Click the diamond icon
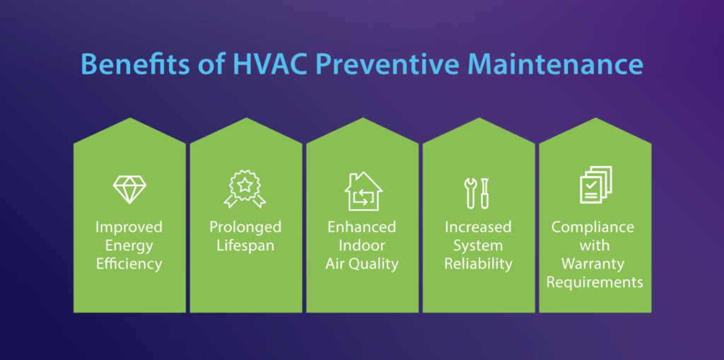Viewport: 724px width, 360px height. click(130, 190)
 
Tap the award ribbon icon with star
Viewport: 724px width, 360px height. click(245, 189)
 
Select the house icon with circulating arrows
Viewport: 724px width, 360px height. click(363, 191)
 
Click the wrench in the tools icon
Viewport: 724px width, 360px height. click(470, 192)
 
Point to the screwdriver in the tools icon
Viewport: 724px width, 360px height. click(485, 192)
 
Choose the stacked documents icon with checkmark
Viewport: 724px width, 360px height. click(595, 185)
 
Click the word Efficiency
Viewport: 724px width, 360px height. click(129, 265)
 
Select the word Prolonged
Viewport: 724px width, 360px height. click(245, 227)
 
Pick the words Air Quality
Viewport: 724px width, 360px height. click(362, 265)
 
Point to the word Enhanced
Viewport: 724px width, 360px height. click(362, 227)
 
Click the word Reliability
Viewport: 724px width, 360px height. click(479, 264)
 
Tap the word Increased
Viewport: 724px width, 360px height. click(479, 227)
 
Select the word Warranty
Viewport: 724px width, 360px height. click(595, 265)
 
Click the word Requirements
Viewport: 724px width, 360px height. click(595, 282)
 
